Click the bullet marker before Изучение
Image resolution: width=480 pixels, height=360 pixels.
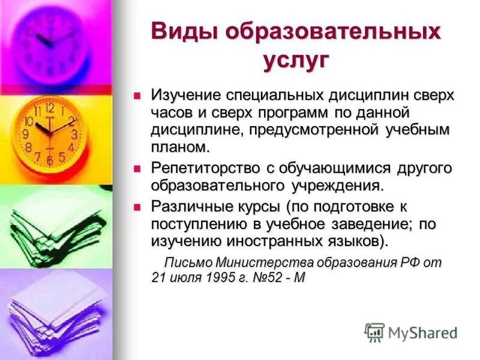click(137, 94)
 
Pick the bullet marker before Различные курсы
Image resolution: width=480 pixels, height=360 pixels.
click(137, 206)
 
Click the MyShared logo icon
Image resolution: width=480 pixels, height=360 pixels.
click(374, 332)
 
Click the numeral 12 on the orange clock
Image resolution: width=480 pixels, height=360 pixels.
click(49, 109)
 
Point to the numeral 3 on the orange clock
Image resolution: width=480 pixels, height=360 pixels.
click(74, 134)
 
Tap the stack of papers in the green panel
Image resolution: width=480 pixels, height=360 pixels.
click(54, 228)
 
